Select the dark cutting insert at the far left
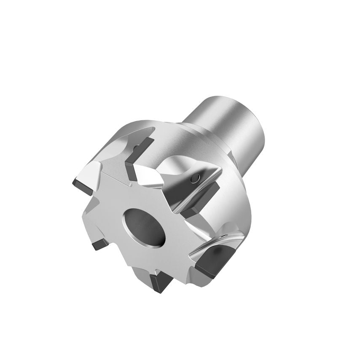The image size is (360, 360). [83, 186]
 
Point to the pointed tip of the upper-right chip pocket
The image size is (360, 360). [220, 169]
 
